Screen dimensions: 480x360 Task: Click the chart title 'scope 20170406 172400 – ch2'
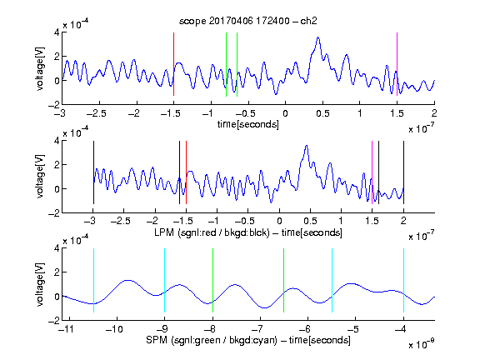click(x=247, y=21)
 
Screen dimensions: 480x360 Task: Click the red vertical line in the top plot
click(x=173, y=64)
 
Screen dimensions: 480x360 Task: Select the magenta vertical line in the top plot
click(x=397, y=64)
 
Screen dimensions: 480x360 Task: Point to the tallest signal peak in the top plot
click(x=318, y=37)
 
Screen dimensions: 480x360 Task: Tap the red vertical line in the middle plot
click(x=186, y=172)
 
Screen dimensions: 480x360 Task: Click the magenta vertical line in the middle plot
click(x=372, y=172)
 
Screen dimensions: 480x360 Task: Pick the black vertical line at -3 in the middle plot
click(x=93, y=172)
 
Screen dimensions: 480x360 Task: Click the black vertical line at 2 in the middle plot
click(x=403, y=172)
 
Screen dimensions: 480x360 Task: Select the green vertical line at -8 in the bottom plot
click(x=212, y=280)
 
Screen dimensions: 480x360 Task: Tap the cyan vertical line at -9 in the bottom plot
click(x=165, y=280)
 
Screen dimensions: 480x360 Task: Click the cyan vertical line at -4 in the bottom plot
click(x=403, y=280)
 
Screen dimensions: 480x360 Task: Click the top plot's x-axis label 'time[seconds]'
click(x=248, y=124)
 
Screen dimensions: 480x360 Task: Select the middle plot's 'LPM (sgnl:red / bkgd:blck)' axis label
click(x=212, y=232)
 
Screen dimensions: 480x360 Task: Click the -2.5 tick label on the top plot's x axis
click(x=96, y=113)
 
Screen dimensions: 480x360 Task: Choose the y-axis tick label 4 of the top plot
click(x=57, y=32)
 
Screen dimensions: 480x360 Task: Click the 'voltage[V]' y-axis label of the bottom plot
click(x=40, y=284)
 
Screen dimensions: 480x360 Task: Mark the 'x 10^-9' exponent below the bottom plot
click(x=421, y=344)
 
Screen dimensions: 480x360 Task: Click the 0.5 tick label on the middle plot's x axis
click(x=310, y=221)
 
